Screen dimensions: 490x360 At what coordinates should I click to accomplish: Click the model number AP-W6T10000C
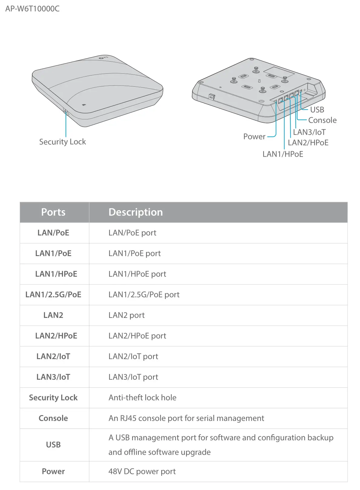click(32, 8)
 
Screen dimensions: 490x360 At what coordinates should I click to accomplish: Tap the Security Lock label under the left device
click(62, 142)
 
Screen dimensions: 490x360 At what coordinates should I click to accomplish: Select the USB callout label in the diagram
click(317, 110)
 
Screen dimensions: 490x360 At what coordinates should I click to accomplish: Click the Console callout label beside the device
click(322, 120)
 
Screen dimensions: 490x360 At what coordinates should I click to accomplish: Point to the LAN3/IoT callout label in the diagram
click(309, 132)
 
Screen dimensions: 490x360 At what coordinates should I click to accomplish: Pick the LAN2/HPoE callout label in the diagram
click(308, 143)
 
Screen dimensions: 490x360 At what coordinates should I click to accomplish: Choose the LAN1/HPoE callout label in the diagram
click(283, 154)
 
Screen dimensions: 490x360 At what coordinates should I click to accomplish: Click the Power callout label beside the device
click(254, 137)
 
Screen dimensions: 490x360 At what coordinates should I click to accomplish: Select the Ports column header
click(53, 212)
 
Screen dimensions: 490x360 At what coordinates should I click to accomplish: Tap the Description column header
click(135, 212)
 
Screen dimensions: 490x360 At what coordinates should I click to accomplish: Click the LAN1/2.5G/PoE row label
click(53, 295)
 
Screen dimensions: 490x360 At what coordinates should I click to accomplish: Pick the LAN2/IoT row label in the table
click(53, 356)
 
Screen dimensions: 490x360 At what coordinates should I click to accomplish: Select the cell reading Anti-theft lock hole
click(142, 398)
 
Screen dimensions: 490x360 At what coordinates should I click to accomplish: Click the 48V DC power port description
click(142, 472)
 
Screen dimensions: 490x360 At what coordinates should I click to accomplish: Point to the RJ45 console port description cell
click(186, 418)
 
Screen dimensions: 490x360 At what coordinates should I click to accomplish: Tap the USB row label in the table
click(53, 445)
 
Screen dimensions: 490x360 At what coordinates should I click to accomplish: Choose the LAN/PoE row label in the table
click(53, 233)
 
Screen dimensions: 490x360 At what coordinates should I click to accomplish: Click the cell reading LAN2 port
click(126, 315)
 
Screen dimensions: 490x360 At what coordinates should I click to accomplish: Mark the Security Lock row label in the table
click(53, 398)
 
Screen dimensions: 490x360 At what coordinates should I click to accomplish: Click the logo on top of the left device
click(103, 57)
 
